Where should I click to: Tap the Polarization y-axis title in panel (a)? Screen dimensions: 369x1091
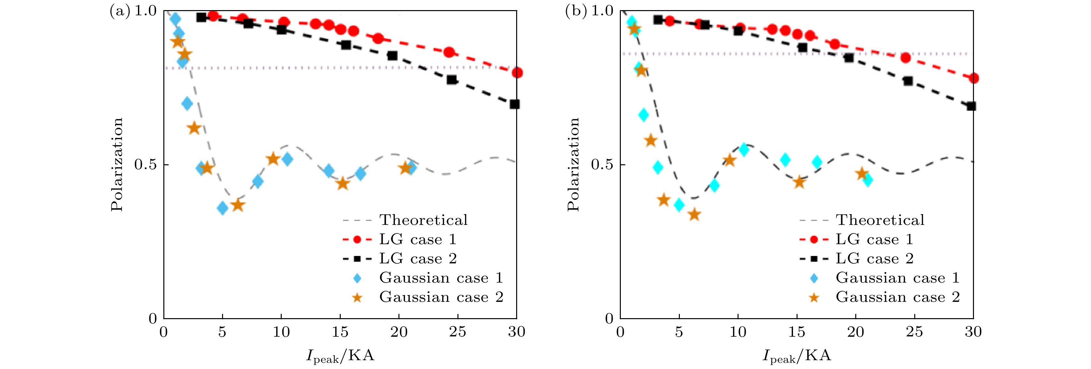(116, 164)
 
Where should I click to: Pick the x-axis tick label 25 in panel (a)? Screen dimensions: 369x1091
(457, 332)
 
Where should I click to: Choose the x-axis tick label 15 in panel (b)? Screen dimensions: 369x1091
(797, 332)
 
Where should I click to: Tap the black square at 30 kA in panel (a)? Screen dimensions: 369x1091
(515, 104)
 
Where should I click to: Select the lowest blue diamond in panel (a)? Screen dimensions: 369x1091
(222, 208)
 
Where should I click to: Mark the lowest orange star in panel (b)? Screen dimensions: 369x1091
(694, 215)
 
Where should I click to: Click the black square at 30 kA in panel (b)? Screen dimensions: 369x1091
(971, 106)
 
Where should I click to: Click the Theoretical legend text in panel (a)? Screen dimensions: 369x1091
(424, 220)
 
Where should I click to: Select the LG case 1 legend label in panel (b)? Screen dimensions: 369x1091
(874, 239)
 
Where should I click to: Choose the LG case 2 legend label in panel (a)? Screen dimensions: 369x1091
(418, 259)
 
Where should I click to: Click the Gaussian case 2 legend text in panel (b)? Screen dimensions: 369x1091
(897, 297)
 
